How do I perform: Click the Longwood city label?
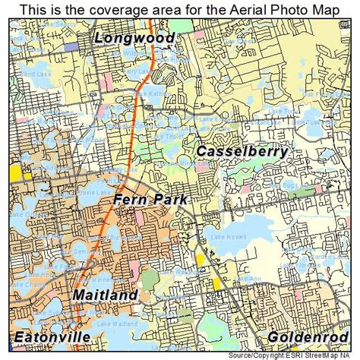(x=135, y=38)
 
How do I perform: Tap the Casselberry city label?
(x=242, y=151)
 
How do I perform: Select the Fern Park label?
(x=150, y=199)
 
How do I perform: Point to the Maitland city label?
(x=106, y=294)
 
